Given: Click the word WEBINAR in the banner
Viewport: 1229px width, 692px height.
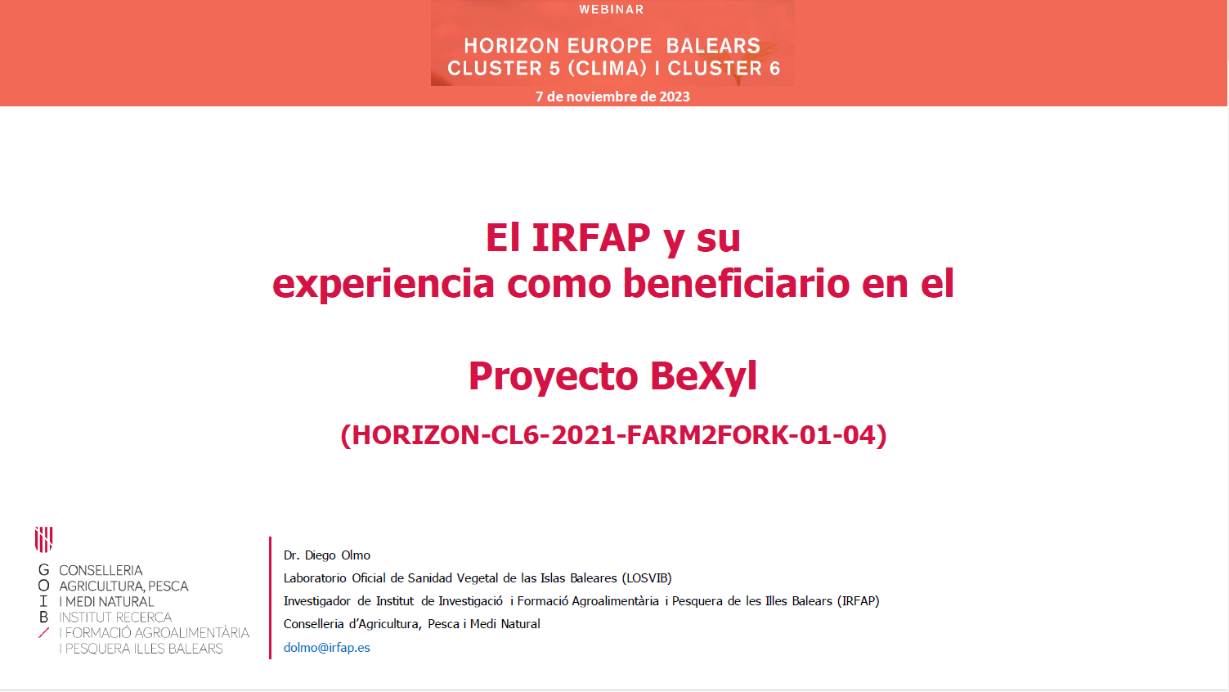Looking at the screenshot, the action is coord(611,9).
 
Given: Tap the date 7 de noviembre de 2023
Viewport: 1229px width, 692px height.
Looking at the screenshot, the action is coord(612,97).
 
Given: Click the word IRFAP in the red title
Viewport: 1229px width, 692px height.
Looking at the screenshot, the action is coord(591,237).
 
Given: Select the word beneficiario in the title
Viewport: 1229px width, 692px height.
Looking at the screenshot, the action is coord(736,284).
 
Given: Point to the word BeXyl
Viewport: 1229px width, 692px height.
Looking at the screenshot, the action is coord(703,376).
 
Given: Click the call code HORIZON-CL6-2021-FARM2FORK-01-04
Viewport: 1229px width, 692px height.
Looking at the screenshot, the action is coord(613,435).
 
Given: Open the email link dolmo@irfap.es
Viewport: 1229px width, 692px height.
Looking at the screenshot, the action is coord(326,648).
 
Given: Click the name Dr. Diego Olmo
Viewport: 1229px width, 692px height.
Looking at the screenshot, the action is coord(326,555).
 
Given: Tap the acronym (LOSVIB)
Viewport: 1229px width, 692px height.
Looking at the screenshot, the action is coord(646,578).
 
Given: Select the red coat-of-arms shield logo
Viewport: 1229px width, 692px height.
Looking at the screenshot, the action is coord(44,539).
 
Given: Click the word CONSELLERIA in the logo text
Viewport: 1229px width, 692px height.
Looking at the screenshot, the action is coord(101,571).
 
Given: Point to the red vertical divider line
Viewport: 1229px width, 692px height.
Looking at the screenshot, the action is coord(270,598).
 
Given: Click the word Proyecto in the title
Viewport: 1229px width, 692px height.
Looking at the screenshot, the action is coord(553,376).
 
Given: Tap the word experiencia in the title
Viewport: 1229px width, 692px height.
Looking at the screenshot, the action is coord(383,285).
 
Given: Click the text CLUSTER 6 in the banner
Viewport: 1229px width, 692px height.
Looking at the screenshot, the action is coord(724,69).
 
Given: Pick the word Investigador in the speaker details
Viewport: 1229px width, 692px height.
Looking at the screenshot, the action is coord(316,601).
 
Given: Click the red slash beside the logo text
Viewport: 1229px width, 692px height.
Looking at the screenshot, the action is coord(44,633).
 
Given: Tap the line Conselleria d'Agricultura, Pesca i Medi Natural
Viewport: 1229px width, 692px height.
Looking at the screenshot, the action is coord(411,624).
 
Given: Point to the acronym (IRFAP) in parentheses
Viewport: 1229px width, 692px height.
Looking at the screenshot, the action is coord(858,601).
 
